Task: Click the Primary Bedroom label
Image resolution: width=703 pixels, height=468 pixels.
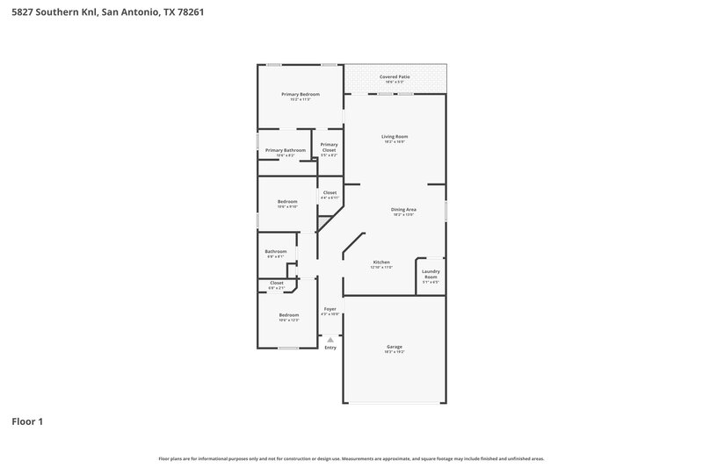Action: (300, 94)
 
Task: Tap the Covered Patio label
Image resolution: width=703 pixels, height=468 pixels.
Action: (395, 77)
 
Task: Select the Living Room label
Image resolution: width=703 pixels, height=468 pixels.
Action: (395, 137)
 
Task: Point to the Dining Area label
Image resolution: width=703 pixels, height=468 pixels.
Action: (403, 209)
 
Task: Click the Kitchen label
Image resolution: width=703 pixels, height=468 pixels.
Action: (381, 263)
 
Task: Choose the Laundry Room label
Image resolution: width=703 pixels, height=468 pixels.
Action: (431, 274)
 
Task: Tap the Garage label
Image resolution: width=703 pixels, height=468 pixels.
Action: (395, 347)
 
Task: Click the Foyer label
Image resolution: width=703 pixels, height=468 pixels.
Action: (330, 309)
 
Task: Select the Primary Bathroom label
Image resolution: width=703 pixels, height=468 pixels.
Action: (286, 150)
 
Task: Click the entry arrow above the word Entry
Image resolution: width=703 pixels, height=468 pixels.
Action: (330, 339)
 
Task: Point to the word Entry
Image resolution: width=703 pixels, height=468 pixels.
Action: (330, 348)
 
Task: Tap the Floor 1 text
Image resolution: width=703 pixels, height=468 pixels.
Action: (27, 421)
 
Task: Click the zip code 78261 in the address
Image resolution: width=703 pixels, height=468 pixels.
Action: (191, 12)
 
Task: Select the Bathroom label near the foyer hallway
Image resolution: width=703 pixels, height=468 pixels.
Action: (276, 252)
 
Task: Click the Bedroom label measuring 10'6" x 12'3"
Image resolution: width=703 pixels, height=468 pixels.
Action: (289, 314)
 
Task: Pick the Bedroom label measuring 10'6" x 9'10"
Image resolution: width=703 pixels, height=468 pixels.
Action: (287, 201)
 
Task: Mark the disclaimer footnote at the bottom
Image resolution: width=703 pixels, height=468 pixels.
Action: (351, 458)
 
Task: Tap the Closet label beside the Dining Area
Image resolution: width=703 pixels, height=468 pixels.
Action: (330, 192)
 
